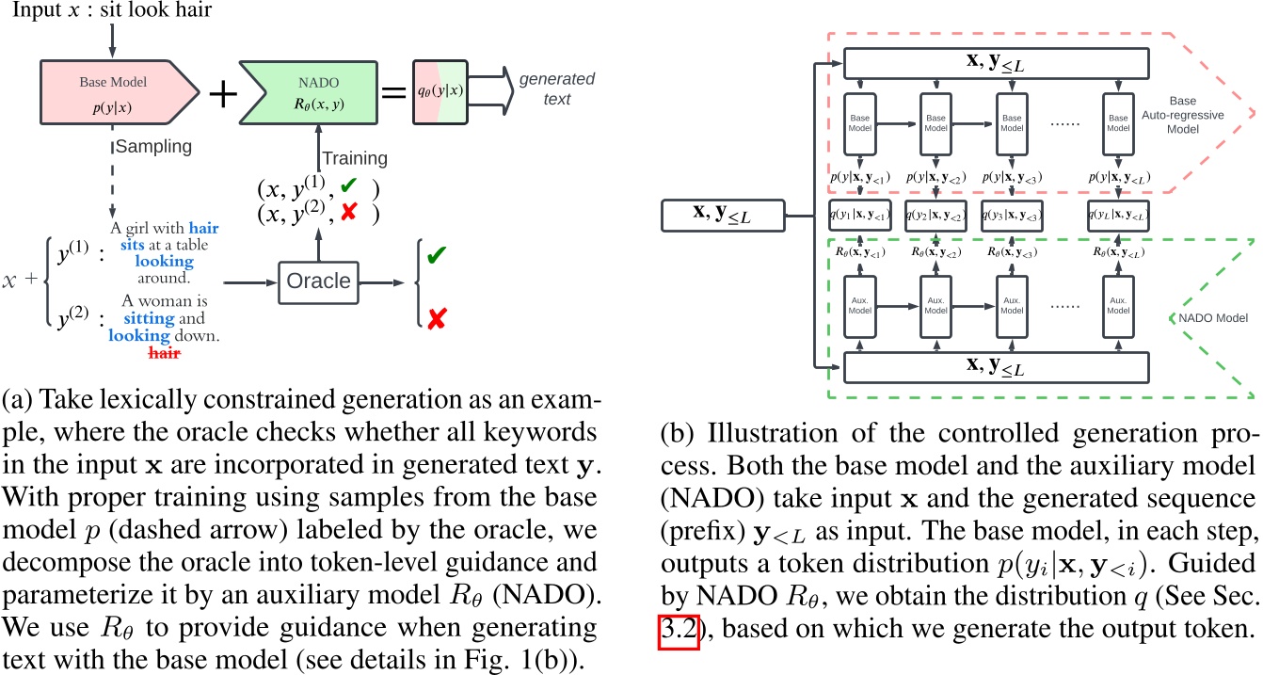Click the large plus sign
pyautogui.click(x=222, y=92)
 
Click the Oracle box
pyautogui.click(x=319, y=280)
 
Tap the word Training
pyautogui.click(x=355, y=158)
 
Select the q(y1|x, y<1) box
pyautogui.click(x=860, y=214)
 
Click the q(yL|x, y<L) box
pyautogui.click(x=1116, y=214)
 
